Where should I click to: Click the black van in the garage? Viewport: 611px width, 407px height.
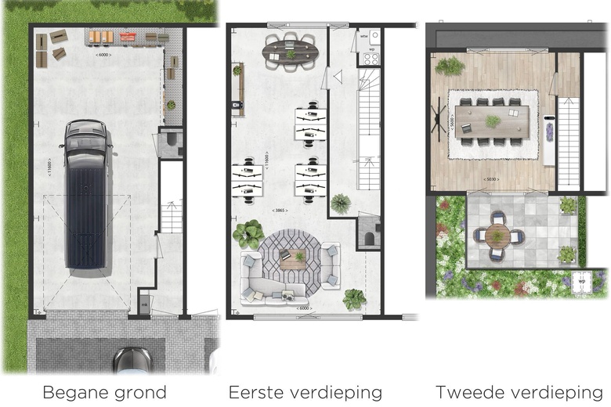click(x=86, y=192)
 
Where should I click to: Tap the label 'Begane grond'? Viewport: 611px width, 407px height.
click(x=104, y=392)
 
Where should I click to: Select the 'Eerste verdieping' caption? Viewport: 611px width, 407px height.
click(x=305, y=392)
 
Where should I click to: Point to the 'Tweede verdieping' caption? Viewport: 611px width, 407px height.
click(x=519, y=392)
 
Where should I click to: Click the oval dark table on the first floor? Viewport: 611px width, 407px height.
click(x=291, y=52)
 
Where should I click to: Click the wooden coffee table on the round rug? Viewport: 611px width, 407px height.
click(x=294, y=258)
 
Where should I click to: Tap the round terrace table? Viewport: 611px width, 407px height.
click(x=497, y=235)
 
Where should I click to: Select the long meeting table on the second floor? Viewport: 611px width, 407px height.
click(x=493, y=122)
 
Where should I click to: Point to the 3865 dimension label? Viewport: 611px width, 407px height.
click(x=280, y=211)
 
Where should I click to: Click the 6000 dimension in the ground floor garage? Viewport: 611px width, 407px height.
click(x=103, y=55)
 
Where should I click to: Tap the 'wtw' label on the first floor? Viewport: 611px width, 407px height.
click(x=364, y=35)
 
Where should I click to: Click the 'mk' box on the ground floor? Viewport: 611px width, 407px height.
click(x=144, y=303)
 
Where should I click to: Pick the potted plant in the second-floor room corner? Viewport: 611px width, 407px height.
click(x=450, y=66)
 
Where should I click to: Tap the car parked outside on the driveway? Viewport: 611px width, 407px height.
click(x=132, y=360)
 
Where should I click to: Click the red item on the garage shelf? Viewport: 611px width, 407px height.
click(x=128, y=36)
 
